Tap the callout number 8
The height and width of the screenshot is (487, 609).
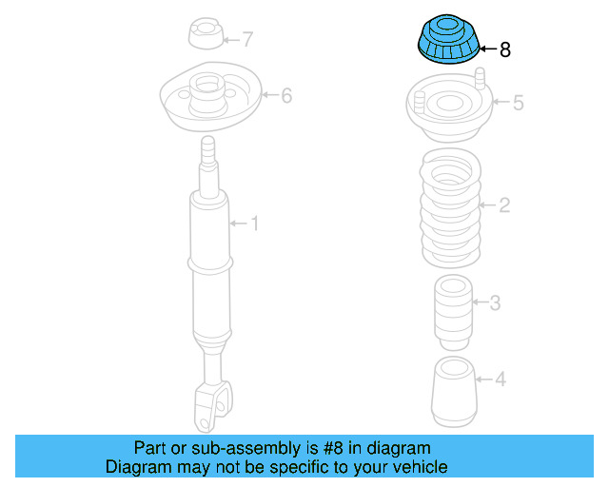[x=504, y=50]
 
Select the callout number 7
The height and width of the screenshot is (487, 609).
[x=247, y=40]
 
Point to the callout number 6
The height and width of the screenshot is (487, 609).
[x=285, y=95]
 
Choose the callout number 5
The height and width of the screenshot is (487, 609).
[x=518, y=103]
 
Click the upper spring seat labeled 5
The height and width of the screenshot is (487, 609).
[x=450, y=108]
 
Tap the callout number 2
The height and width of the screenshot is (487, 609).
[x=504, y=205]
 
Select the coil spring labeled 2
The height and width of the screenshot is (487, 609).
[x=451, y=209]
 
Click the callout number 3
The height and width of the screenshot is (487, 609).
[x=495, y=303]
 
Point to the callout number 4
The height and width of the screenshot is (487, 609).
[x=500, y=380]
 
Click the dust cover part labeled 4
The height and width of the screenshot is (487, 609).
[x=454, y=392]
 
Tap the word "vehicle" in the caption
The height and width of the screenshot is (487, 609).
[x=416, y=467]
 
